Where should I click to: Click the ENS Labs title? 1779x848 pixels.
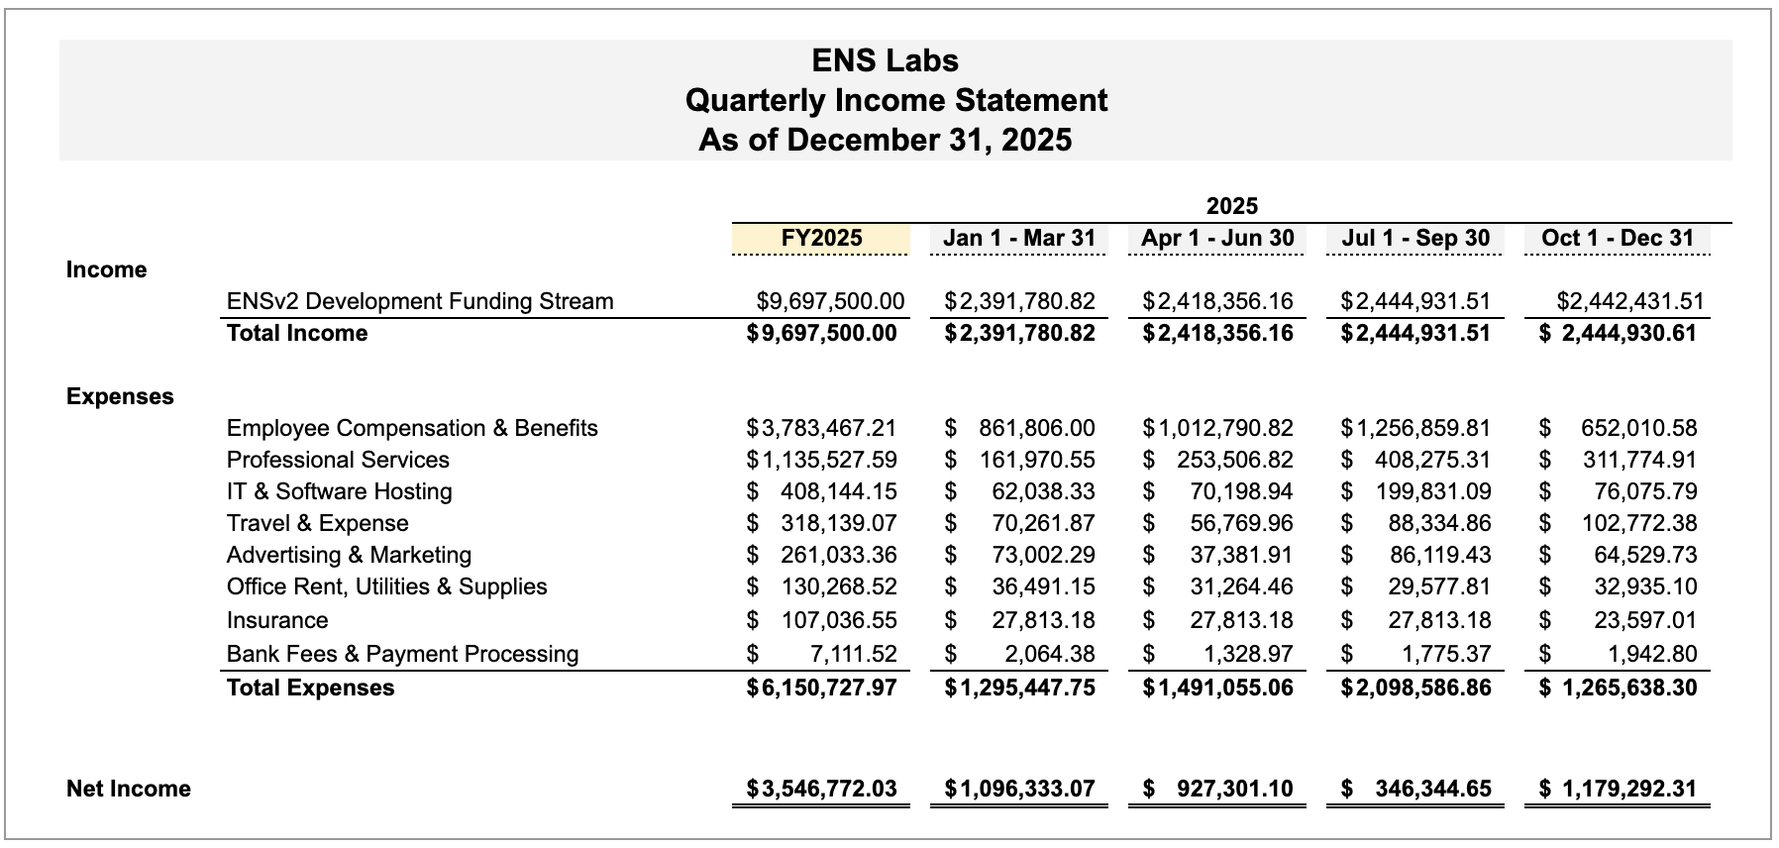tap(885, 60)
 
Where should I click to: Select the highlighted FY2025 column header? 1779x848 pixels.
tap(821, 238)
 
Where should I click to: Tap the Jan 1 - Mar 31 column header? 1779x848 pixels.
tap(1019, 238)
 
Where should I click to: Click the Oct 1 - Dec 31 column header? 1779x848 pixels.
tap(1618, 238)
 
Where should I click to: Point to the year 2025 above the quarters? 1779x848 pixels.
tap(1231, 206)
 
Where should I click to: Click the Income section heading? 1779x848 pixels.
tap(106, 269)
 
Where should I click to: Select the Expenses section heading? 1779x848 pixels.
tap(120, 396)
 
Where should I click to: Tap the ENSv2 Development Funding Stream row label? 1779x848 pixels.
tap(420, 301)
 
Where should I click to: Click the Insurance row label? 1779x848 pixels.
tap(277, 620)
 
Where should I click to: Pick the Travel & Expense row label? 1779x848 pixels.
tap(317, 523)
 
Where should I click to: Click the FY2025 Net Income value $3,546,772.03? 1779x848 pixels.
tap(822, 789)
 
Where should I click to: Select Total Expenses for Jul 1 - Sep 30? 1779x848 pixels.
tap(1415, 688)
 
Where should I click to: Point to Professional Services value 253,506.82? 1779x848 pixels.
tap(1234, 460)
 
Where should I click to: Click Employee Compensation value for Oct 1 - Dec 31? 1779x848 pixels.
tap(1638, 428)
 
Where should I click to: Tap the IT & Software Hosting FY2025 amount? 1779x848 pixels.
tap(838, 491)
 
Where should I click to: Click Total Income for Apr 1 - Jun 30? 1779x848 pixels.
tap(1217, 333)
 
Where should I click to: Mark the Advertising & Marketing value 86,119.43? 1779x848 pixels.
tap(1439, 555)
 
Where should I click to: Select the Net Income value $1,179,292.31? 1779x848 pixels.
tap(1628, 789)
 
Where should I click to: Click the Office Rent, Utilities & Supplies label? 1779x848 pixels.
tap(386, 586)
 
